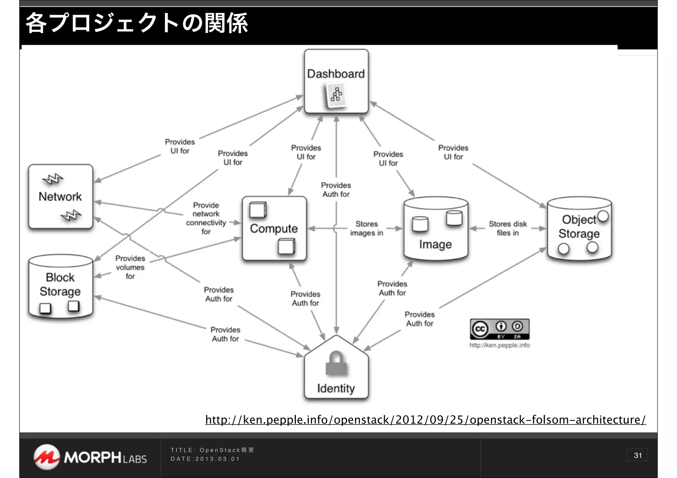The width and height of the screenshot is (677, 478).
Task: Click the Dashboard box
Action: coord(336,81)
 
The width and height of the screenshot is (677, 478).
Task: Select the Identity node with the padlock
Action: coord(336,370)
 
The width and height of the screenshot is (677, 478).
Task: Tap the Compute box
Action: coord(274,229)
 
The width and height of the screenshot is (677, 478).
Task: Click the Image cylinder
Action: coord(436,229)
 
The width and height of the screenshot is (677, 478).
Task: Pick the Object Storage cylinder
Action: coord(579,229)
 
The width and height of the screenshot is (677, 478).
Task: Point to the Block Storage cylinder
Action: coord(60,286)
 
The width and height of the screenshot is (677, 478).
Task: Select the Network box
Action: coord(60,197)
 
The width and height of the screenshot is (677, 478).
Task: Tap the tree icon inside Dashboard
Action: coord(336,95)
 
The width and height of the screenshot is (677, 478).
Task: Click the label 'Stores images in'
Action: coord(366,228)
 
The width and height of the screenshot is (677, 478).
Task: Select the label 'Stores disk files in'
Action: coord(507,228)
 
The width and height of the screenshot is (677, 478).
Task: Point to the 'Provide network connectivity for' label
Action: coord(206,218)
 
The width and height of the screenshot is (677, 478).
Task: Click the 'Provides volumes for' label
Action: coord(130,267)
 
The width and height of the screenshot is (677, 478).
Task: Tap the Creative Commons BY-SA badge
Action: coord(499,329)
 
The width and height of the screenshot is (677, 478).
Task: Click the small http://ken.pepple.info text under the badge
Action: coord(499,345)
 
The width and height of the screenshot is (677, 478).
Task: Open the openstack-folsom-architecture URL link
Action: coord(425,420)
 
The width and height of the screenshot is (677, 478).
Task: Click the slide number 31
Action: coord(637,455)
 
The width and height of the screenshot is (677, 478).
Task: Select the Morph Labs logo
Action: coord(90,457)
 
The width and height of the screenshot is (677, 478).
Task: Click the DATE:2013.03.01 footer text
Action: coord(205,459)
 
